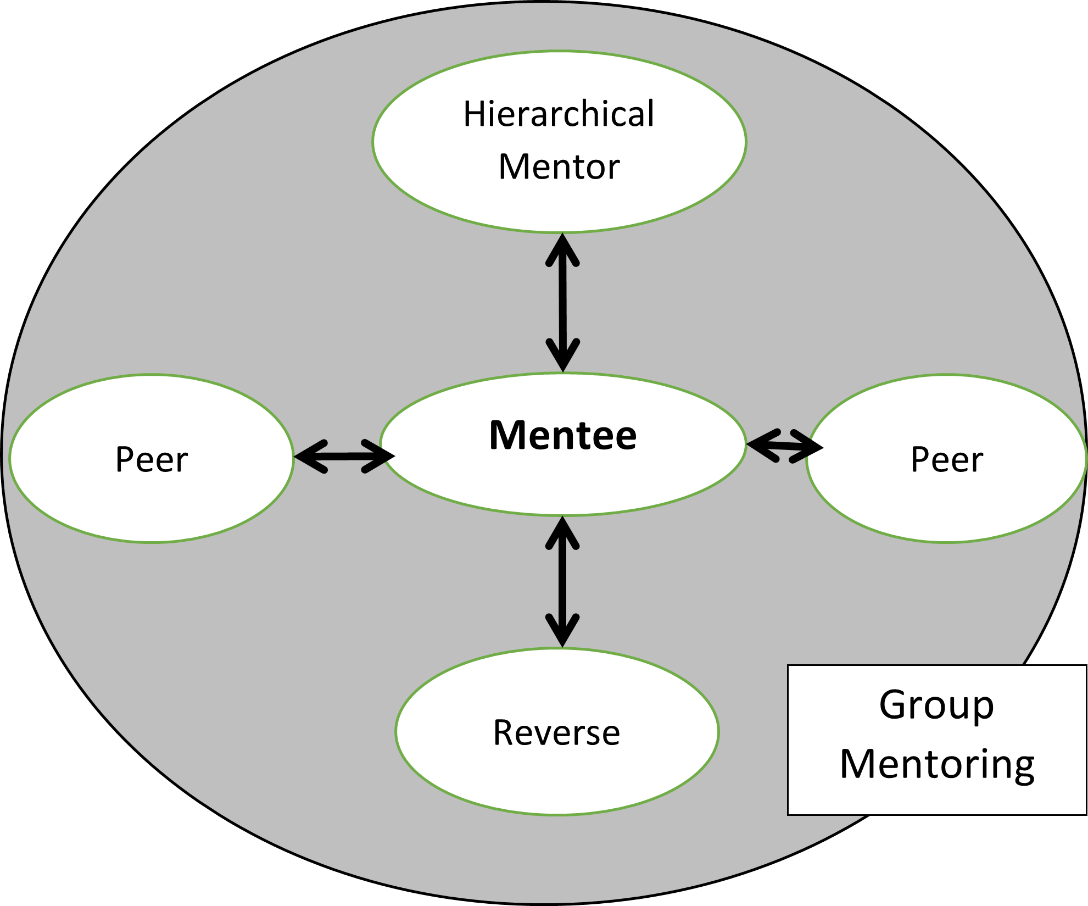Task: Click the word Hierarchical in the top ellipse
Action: click(559, 114)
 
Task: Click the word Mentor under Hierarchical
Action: click(559, 167)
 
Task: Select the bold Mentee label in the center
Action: click(562, 435)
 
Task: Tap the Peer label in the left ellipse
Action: click(152, 459)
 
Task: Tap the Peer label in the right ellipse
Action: click(946, 459)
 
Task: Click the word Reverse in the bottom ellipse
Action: click(556, 733)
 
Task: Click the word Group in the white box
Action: click(936, 705)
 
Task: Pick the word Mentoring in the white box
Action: click(937, 764)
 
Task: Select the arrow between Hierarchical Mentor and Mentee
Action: click(562, 302)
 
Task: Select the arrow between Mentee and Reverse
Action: click(562, 582)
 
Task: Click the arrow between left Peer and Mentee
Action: click(344, 456)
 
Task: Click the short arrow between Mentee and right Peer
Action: click(784, 446)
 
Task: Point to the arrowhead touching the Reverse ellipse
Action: click(562, 632)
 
